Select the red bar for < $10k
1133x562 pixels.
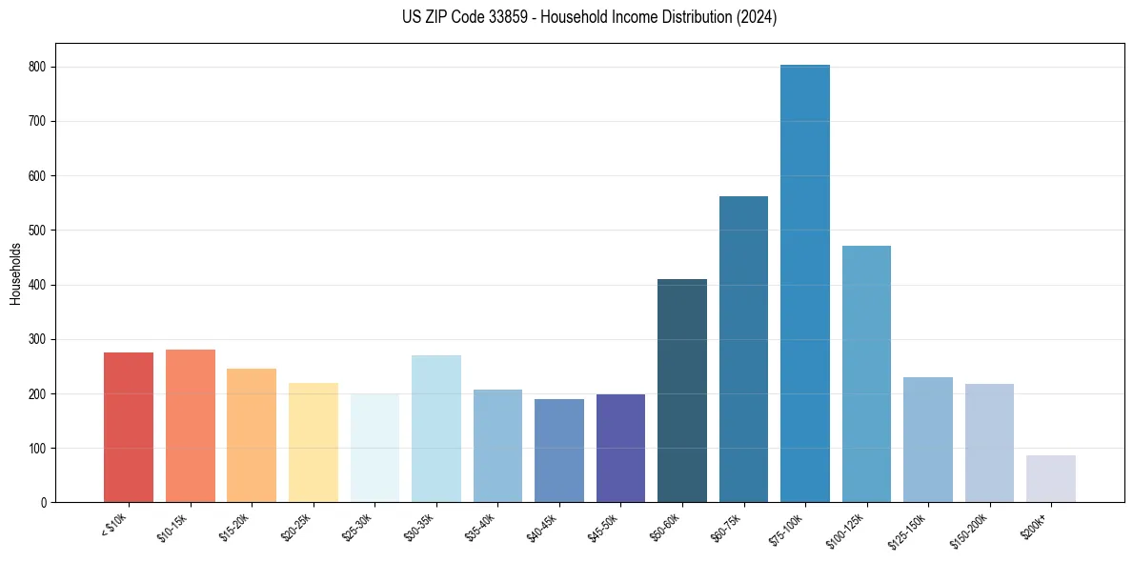pos(129,428)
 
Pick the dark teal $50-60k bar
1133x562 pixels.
pos(682,391)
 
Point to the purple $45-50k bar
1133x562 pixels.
pos(620,449)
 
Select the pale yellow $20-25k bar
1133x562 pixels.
pos(314,443)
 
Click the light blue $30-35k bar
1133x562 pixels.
pos(436,429)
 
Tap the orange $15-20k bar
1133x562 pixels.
pos(252,435)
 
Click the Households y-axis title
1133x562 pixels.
pos(16,273)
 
